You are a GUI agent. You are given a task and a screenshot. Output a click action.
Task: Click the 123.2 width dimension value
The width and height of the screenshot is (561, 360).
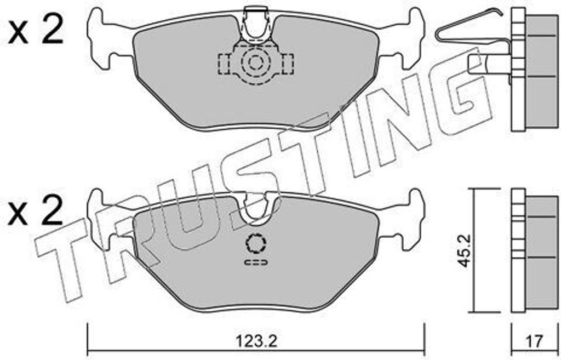point(256,341)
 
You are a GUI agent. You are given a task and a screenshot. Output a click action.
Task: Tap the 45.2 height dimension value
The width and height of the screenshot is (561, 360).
point(465,250)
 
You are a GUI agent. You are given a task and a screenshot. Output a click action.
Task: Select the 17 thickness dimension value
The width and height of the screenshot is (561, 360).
point(535,341)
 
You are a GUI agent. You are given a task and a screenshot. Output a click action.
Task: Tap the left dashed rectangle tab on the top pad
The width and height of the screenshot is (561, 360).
point(225,65)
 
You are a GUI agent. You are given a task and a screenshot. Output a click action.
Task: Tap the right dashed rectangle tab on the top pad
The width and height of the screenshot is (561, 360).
point(288,65)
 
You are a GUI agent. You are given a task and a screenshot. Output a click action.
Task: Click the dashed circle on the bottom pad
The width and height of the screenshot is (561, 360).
point(256,244)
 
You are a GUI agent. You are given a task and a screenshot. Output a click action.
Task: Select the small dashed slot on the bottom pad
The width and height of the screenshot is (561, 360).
point(256,262)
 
